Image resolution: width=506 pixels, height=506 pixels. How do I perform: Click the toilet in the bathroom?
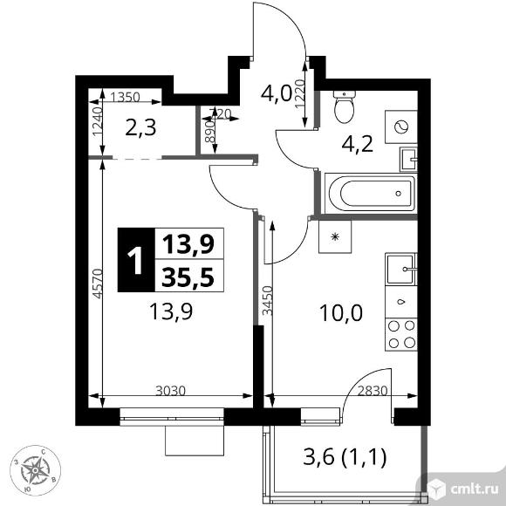[x=344, y=108]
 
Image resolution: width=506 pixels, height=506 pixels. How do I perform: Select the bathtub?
[x=368, y=191]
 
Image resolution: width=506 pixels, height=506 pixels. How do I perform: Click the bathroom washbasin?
[x=408, y=160]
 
